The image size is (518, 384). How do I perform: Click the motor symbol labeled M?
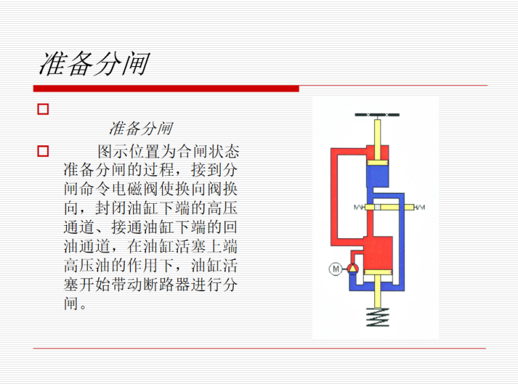[335, 269]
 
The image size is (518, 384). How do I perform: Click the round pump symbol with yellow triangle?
[352, 269]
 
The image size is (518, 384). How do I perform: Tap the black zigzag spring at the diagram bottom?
[377, 317]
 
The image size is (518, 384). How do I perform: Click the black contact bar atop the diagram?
[377, 115]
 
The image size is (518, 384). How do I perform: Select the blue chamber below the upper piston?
[377, 179]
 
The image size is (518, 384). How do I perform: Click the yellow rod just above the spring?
[377, 293]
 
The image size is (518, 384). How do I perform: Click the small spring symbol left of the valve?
[360, 207]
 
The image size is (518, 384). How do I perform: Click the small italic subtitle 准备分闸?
[140, 128]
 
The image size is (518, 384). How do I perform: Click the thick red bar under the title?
[166, 88]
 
